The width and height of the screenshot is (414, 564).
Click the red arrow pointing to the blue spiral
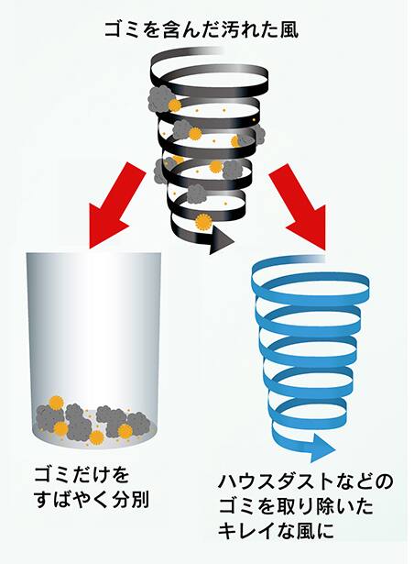(299, 205)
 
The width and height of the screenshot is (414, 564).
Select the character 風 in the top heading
(289, 29)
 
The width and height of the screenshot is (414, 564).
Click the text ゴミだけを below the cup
(82, 475)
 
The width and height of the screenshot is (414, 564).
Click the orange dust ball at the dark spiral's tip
(203, 222)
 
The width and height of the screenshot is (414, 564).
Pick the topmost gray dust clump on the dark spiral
(160, 98)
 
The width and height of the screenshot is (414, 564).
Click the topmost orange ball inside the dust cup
(56, 403)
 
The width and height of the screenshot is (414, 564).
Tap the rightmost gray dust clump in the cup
(138, 424)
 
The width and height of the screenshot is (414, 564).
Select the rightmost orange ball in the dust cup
(125, 432)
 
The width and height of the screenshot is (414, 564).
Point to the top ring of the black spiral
(209, 72)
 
